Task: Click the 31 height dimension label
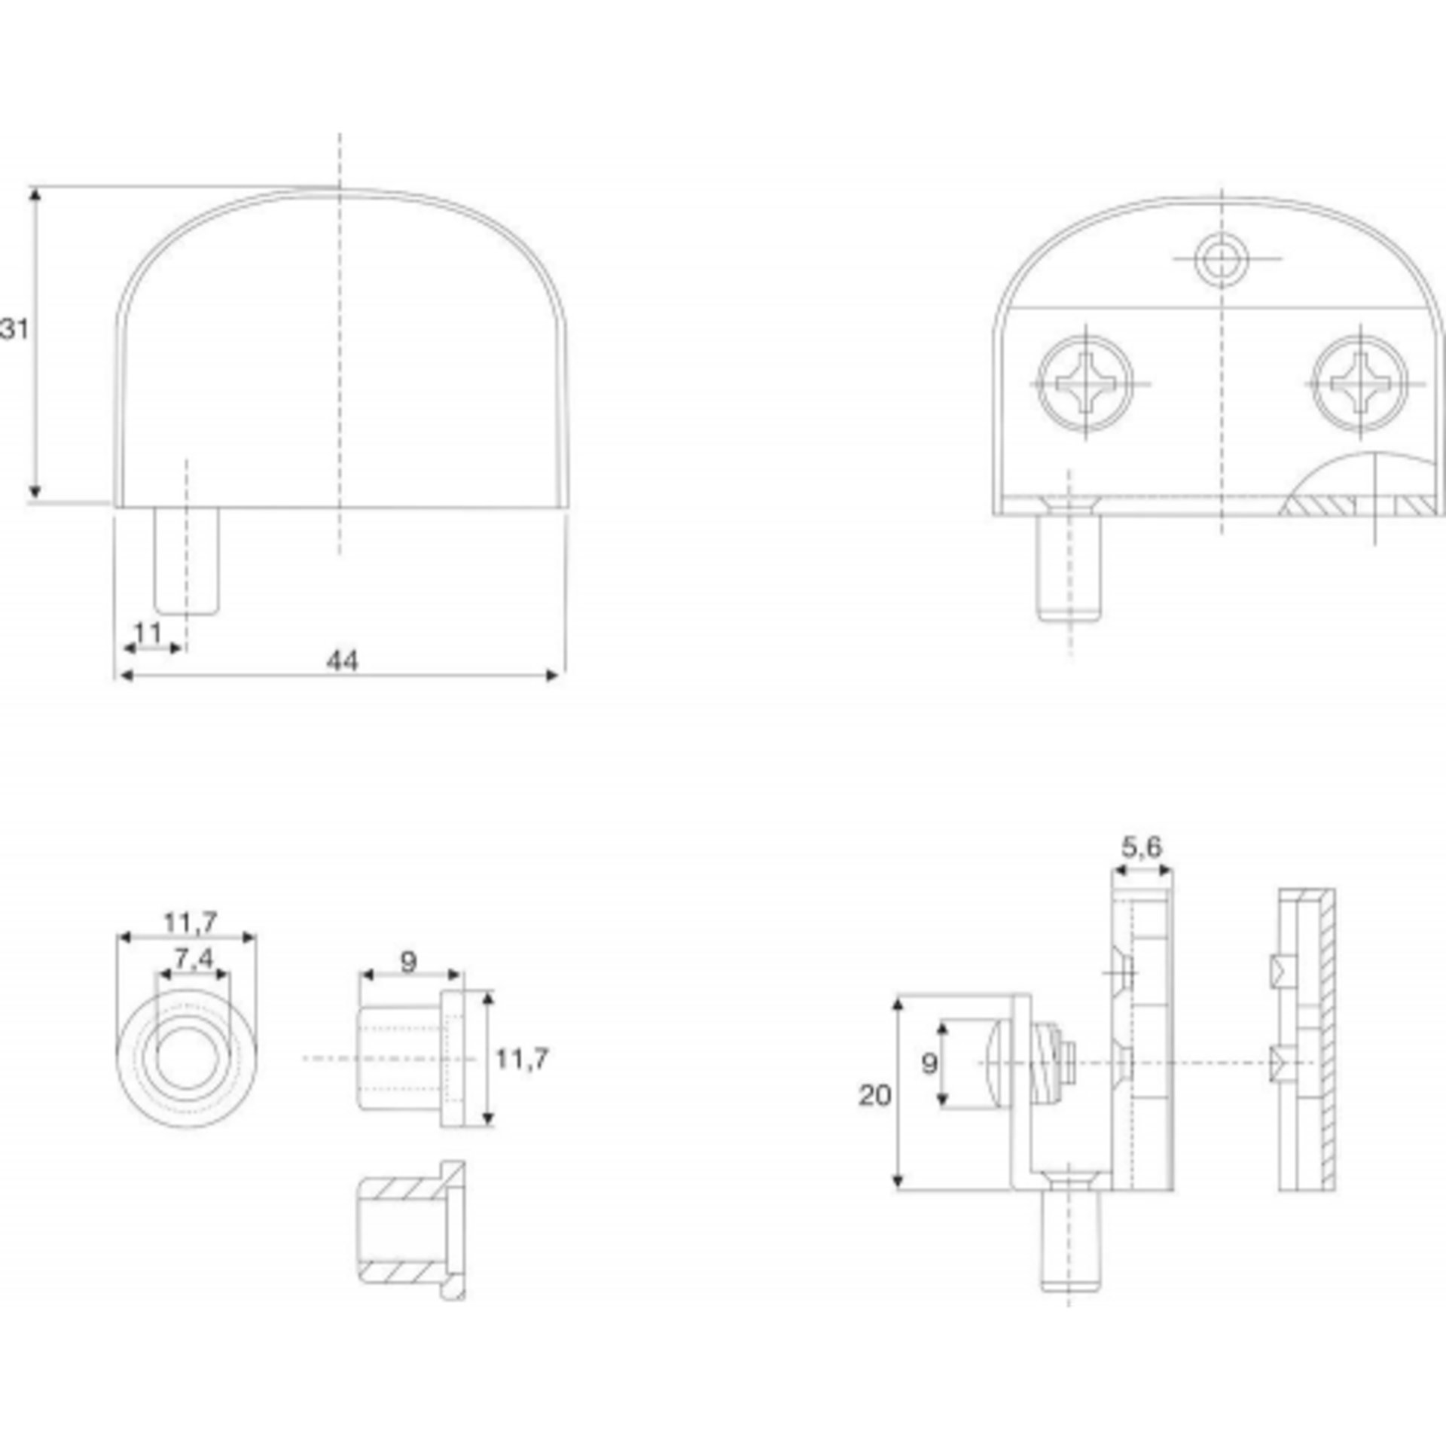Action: [x=14, y=329]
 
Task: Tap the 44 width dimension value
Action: [x=343, y=661]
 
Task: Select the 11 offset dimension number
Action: [x=148, y=633]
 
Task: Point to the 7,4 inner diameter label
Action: [x=194, y=959]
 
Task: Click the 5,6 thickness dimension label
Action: [x=1142, y=847]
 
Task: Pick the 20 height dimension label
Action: [x=874, y=1096]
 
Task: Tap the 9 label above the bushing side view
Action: [x=408, y=962]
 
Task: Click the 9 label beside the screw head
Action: [x=929, y=1063]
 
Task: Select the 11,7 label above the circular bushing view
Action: [x=191, y=922]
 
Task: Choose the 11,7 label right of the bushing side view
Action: [x=522, y=1059]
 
